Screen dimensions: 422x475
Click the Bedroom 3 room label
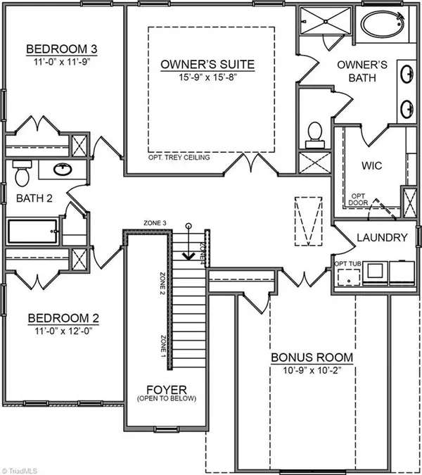(62, 49)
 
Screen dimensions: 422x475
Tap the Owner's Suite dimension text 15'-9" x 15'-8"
(207, 77)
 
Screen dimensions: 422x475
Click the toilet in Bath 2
(22, 173)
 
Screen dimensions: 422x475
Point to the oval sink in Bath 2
(63, 169)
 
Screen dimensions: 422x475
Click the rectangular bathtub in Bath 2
(32, 232)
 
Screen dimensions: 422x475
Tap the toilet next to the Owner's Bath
(315, 135)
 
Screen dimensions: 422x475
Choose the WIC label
(372, 165)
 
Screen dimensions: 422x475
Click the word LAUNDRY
(382, 238)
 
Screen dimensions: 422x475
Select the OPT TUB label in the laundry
(347, 264)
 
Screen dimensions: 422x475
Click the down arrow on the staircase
(189, 241)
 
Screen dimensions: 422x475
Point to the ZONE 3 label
(155, 223)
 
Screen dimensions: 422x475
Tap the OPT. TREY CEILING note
(179, 158)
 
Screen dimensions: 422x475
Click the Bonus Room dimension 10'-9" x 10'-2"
(312, 370)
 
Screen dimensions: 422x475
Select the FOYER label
(167, 390)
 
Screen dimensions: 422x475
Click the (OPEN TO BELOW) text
(167, 398)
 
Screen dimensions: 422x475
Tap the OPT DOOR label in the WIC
(358, 200)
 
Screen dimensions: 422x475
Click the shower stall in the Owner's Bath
(325, 21)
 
